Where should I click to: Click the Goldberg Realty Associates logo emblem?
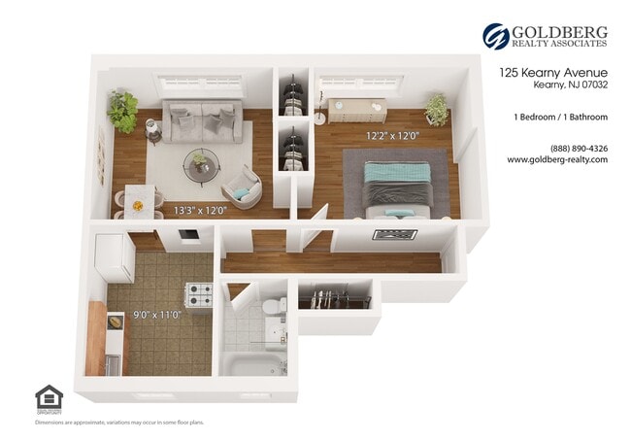pyautogui.click(x=497, y=36)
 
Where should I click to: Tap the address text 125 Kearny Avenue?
pyautogui.click(x=553, y=72)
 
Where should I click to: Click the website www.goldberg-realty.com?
pyautogui.click(x=557, y=160)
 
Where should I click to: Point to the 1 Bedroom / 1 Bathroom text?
pyautogui.click(x=560, y=118)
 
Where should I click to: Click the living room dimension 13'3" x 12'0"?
pyautogui.click(x=201, y=210)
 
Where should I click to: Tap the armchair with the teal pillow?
pyautogui.click(x=242, y=185)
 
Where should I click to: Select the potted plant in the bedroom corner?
pyautogui.click(x=437, y=109)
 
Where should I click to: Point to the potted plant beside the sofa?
pyautogui.click(x=123, y=111)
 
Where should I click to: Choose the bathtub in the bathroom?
pyautogui.click(x=253, y=365)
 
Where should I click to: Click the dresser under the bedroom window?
pyautogui.click(x=357, y=111)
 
